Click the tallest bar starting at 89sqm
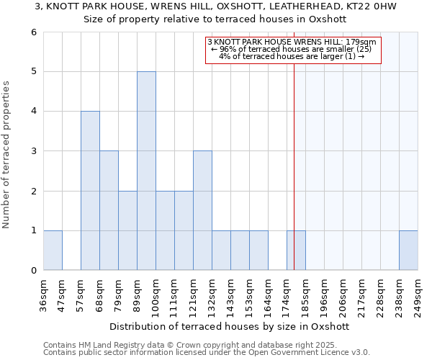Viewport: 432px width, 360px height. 146,171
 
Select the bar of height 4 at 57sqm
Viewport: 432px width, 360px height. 90,191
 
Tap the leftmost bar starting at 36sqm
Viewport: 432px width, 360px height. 53,251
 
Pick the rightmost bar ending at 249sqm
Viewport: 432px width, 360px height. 408,251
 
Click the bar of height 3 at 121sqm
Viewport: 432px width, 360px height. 202,210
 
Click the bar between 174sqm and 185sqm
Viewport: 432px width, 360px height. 296,251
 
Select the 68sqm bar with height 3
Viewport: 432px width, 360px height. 109,210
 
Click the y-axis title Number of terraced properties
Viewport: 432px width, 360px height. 7,155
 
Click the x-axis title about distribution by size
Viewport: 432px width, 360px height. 230,326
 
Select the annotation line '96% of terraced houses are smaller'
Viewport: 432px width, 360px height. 292,49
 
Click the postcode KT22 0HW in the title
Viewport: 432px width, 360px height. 368,6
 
